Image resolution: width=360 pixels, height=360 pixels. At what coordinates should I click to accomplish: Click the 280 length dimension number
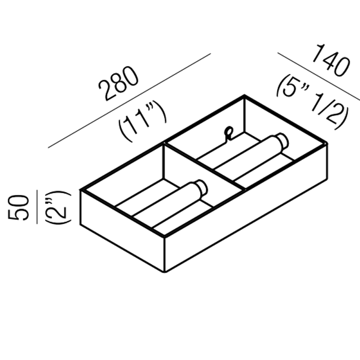point(119,84)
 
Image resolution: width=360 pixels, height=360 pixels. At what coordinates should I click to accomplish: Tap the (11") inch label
point(142,121)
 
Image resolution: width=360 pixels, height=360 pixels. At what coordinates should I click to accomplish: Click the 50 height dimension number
point(19,208)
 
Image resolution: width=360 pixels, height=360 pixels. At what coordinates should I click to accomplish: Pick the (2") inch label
point(58,207)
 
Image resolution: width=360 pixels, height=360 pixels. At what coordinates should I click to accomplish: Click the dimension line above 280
point(129,101)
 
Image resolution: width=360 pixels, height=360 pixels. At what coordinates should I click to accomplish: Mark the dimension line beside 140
point(319,77)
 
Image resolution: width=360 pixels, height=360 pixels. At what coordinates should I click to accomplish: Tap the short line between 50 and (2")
point(37,207)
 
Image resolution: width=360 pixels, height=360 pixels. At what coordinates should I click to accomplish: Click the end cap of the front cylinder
point(202,188)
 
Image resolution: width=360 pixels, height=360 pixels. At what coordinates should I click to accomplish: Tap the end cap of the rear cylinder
point(282,141)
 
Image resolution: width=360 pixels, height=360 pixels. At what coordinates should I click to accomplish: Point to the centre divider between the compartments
point(204,166)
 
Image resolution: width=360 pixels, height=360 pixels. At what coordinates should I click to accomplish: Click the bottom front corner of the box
point(165,272)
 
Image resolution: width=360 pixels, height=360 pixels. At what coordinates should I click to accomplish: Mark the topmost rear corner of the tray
point(244,95)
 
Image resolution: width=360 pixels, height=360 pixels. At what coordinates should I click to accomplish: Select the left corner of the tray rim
point(81,190)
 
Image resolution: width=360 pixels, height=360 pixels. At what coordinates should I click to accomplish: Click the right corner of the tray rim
point(327,143)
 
